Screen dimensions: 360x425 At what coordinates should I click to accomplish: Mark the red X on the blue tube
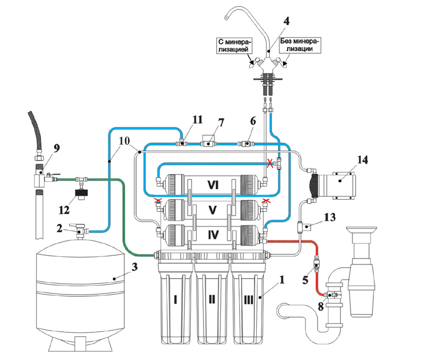269,164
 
